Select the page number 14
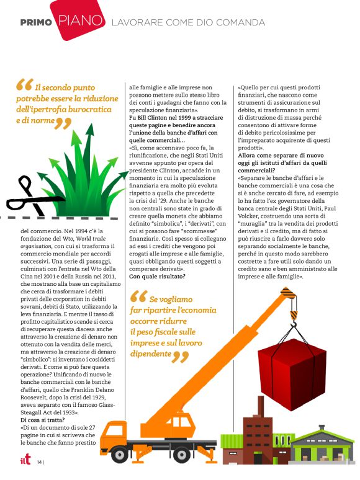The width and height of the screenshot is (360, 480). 40,462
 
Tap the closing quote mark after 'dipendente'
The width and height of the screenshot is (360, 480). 181,356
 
